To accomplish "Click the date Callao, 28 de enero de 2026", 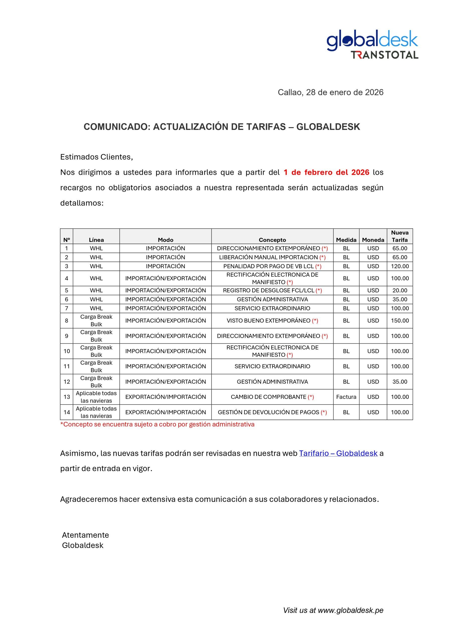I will pos(330,93).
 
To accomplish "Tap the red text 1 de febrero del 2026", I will pos(326,172).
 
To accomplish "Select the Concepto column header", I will pos(272,240).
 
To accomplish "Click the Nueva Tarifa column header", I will pos(400,236).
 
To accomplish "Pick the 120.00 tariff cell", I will pos(400,266).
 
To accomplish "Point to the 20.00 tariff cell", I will pos(400,290).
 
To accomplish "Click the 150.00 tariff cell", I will pos(400,320).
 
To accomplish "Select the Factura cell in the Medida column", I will pos(346,397).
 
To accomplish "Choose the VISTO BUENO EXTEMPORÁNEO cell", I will pos(268,320).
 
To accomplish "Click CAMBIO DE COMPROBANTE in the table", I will pos(268,397).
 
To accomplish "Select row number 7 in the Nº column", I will pos(66,308).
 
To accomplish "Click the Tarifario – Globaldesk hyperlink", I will pos(338,453).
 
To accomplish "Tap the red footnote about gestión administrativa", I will pos(157,425).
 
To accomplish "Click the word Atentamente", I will pos(85,535).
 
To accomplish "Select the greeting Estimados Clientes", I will pos(97,157).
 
